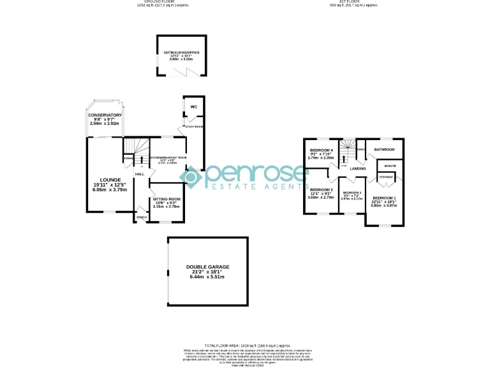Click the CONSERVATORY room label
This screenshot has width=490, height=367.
click(x=105, y=115)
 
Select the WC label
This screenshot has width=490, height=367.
click(x=193, y=107)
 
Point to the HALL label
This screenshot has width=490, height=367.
click(x=139, y=173)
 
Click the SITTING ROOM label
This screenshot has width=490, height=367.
click(x=167, y=199)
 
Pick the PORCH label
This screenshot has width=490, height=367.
click(x=141, y=218)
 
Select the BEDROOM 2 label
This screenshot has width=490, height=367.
click(x=322, y=190)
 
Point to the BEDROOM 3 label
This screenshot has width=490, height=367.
click(x=352, y=192)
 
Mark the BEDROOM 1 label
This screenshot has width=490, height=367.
click(x=385, y=198)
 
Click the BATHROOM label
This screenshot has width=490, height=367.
click(x=385, y=150)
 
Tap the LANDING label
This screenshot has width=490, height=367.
click(x=358, y=169)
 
